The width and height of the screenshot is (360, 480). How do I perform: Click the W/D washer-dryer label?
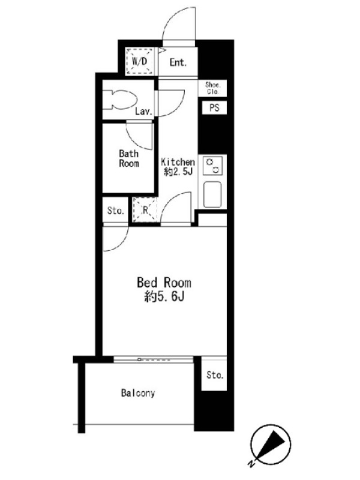(x=140, y=61)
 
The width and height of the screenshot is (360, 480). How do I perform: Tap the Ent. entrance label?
(x=178, y=62)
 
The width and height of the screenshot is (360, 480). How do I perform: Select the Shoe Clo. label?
(x=212, y=88)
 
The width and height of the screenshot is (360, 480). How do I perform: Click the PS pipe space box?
(x=214, y=107)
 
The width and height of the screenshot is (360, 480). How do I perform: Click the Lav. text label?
(x=143, y=112)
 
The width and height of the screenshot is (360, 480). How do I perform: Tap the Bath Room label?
(x=129, y=158)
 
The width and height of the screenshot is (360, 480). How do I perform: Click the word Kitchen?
(x=178, y=161)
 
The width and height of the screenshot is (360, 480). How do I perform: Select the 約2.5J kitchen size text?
(x=178, y=172)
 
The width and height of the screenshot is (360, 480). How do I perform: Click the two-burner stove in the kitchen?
(x=212, y=166)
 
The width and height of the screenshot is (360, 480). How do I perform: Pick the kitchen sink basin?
(x=212, y=194)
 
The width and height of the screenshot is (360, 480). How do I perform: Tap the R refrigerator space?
(x=145, y=209)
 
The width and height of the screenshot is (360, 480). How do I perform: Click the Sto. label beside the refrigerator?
(x=116, y=211)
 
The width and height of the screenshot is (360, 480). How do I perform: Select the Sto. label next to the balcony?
(x=215, y=374)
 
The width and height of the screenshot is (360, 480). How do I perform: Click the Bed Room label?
(x=164, y=283)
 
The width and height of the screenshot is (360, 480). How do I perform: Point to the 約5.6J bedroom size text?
(x=164, y=296)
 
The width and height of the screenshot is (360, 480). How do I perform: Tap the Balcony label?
(x=138, y=393)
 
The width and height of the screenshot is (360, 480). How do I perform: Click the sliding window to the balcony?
(x=154, y=359)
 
